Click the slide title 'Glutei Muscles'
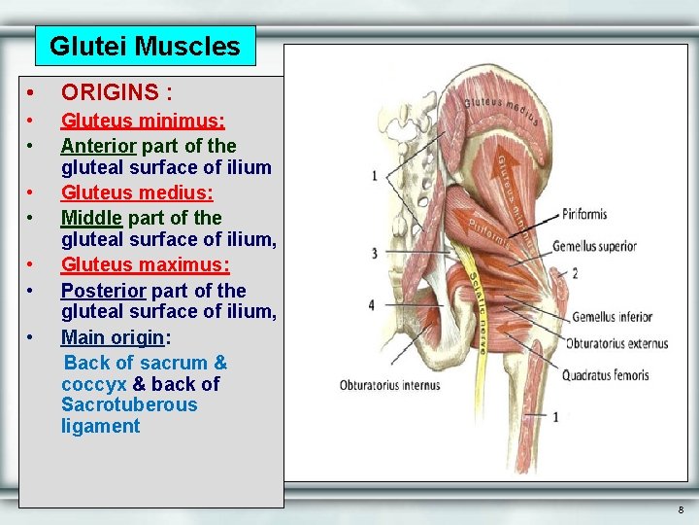(x=145, y=46)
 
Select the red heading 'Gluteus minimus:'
(x=143, y=122)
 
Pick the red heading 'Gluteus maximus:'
(x=146, y=265)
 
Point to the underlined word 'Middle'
(x=91, y=218)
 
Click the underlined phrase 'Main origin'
(x=113, y=337)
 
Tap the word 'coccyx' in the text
(x=93, y=384)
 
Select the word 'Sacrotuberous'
(x=129, y=404)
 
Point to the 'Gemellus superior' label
(x=608, y=246)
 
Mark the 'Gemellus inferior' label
(x=612, y=317)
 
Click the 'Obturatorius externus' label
(x=616, y=343)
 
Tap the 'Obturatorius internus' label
(x=389, y=385)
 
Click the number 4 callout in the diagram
(x=371, y=305)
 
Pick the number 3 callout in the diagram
(x=374, y=254)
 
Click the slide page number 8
(x=681, y=509)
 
